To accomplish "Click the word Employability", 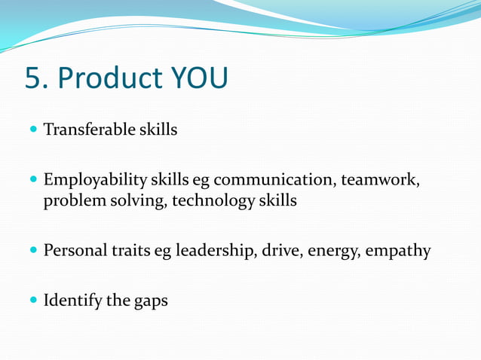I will pos(95,182).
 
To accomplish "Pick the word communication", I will pos(274,181).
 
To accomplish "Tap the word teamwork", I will pos(380,182).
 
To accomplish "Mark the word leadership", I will pos(216,250).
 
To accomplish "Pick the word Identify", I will pos(72,301).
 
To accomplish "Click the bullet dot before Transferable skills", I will pos(32,130).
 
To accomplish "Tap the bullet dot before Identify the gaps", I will pos(32,301).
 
